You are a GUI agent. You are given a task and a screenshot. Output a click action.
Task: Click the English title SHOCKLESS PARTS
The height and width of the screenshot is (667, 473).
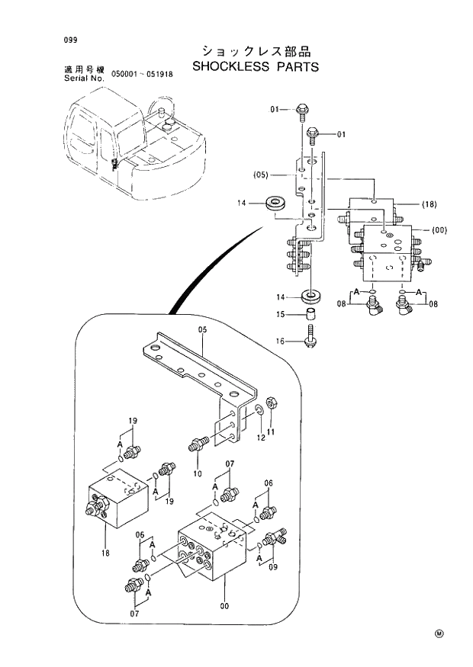click(x=256, y=66)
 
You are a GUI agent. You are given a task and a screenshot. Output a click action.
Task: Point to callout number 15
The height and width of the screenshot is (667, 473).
click(x=282, y=314)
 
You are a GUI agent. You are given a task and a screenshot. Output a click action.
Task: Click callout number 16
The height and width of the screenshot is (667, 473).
click(x=282, y=341)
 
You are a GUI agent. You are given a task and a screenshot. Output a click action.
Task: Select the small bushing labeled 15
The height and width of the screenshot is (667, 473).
click(x=311, y=314)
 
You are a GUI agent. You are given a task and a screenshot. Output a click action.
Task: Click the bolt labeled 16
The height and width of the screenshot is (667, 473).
click(x=311, y=337)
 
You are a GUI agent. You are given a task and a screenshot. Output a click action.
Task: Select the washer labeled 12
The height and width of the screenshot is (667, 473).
click(x=261, y=412)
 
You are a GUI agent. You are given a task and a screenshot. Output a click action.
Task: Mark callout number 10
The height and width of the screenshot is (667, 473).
click(x=198, y=473)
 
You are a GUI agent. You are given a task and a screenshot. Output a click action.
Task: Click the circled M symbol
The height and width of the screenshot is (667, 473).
click(x=439, y=633)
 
